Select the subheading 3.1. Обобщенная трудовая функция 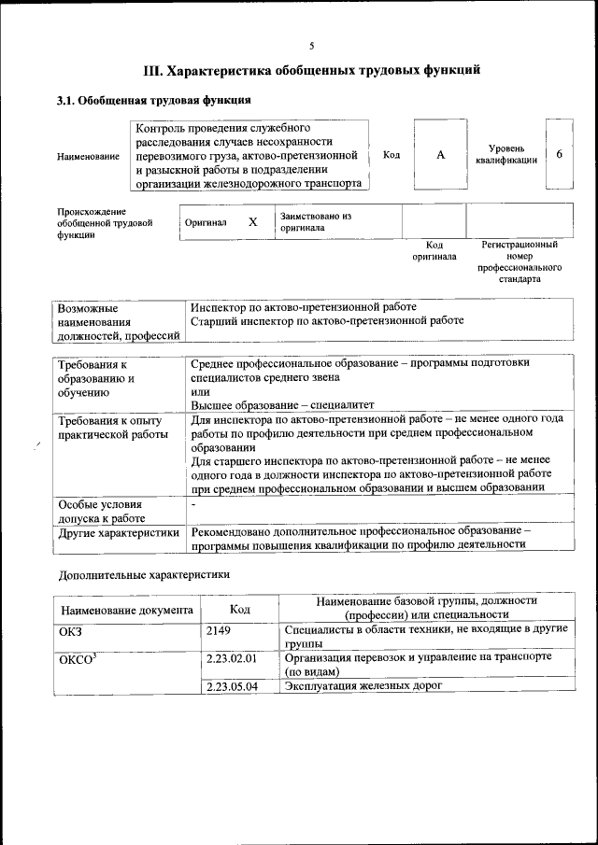[153, 100]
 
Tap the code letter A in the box [440, 155]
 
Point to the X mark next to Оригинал [252, 222]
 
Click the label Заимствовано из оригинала [314, 221]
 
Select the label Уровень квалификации [505, 155]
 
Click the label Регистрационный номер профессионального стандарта [520, 261]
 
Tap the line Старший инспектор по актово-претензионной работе [327, 320]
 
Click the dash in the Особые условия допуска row [193, 503]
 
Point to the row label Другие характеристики [119, 533]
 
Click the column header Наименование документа [127, 611]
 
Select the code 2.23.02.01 [232, 658]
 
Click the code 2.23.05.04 [232, 686]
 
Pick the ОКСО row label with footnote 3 [78, 658]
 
